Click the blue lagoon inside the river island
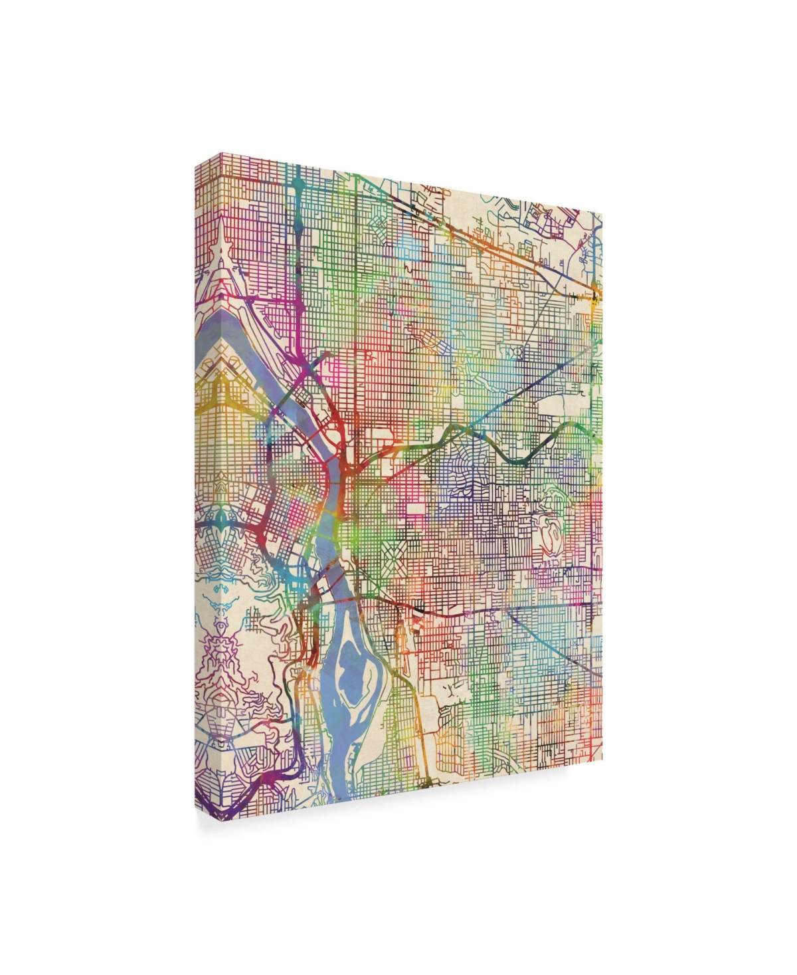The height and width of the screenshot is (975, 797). click(346, 667)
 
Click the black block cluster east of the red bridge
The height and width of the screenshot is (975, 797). click(418, 608)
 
